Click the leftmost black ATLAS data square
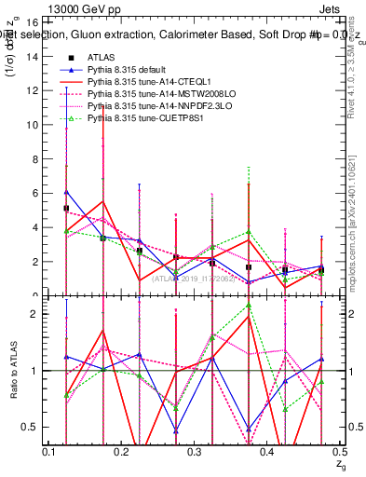pyautogui.click(x=66, y=208)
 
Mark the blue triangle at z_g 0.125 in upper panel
pyautogui.click(x=66, y=191)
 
